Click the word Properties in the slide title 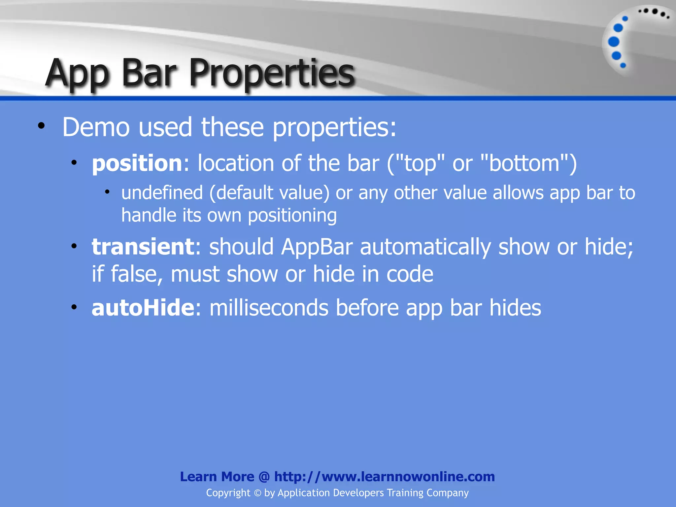pos(271,73)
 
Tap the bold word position pos(137,164)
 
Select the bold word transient pos(143,247)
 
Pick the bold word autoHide pos(143,308)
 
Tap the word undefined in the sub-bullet pos(162,193)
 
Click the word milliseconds pos(269,308)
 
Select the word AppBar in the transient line pos(317,247)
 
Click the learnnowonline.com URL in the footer pos(384,477)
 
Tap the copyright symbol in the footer pos(257,493)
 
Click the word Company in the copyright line pos(447,493)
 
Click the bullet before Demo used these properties pos(41,126)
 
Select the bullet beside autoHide pos(74,307)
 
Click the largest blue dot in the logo pos(614,42)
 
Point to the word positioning pos(292,216)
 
